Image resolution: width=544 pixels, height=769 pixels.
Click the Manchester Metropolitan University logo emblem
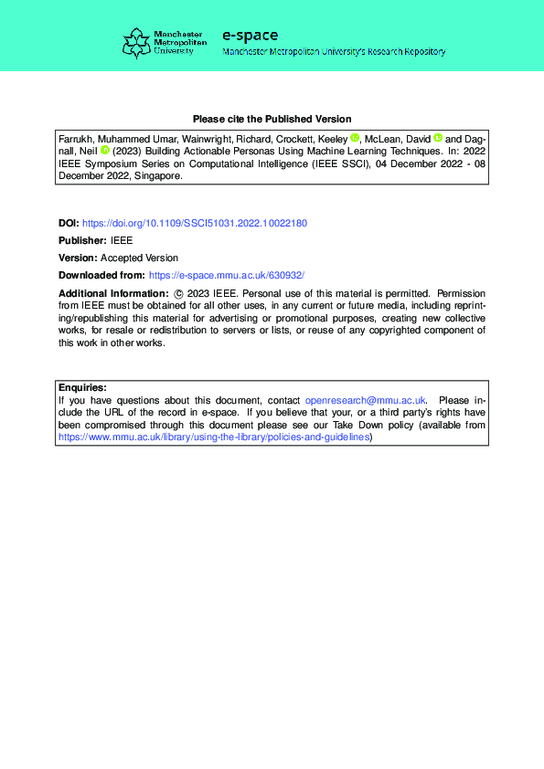click(x=136, y=43)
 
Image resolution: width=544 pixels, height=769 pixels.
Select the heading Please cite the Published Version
click(x=272, y=119)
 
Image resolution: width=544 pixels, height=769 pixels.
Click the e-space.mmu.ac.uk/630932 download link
click(x=225, y=275)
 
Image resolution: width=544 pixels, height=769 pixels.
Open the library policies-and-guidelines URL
click(x=214, y=437)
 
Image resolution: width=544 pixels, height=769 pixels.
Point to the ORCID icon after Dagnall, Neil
click(x=104, y=151)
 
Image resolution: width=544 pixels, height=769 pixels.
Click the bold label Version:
click(x=78, y=258)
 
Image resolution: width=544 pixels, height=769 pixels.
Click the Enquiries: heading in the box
click(x=82, y=387)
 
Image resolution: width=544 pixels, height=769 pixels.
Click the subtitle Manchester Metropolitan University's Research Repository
click(x=334, y=52)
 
